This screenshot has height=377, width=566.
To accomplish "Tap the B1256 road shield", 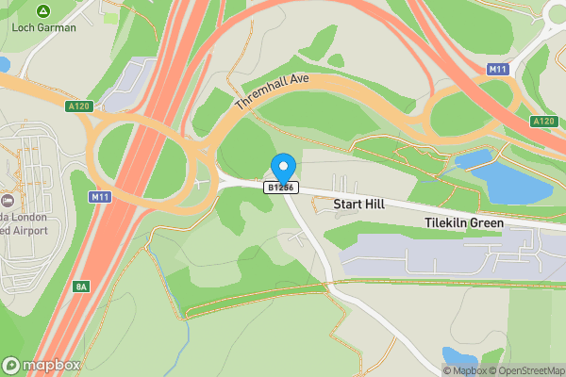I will coord(281,188).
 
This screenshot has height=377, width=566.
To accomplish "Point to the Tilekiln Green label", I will coord(462,222).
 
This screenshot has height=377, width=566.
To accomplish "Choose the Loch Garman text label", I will coord(43,27).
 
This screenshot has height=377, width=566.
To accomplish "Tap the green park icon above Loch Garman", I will coord(42,11).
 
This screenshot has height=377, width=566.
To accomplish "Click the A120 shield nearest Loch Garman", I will coord(79,107).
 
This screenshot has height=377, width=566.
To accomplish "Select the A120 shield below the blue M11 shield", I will coord(543,121).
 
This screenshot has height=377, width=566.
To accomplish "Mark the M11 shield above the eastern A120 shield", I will coord(498,70).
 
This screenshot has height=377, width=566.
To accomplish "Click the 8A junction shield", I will coord(82,286).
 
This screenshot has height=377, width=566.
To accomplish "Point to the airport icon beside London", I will coord(8,200).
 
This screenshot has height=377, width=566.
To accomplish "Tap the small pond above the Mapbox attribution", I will coord(459,356).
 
